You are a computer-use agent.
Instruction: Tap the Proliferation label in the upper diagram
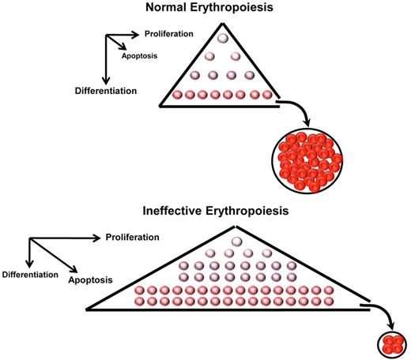[168, 34]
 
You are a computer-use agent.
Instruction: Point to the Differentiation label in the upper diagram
[102, 90]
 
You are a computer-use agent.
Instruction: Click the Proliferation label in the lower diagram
[132, 237]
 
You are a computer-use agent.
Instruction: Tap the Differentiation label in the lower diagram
[31, 274]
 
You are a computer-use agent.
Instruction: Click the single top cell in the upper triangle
[222, 38]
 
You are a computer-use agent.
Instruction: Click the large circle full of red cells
[307, 162]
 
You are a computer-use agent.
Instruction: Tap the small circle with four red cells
[390, 344]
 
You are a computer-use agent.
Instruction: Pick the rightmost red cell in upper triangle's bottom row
[266, 95]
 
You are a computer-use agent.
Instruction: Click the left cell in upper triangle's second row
[209, 57]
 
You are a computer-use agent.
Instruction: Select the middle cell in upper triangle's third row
[222, 76]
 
